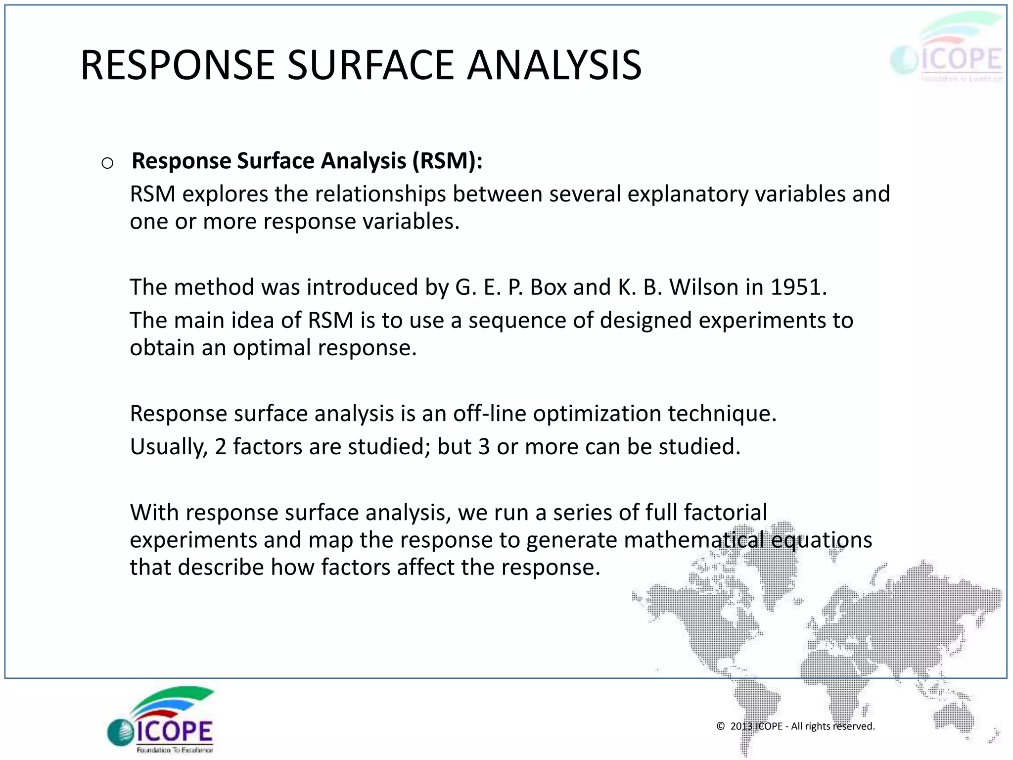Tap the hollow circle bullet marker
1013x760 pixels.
coord(107,163)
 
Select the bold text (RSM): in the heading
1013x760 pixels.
coord(448,161)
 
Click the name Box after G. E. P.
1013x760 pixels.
coord(548,287)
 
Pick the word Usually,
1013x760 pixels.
coord(169,447)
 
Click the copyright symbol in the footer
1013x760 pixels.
coord(721,726)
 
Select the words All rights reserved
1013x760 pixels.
coord(833,726)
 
